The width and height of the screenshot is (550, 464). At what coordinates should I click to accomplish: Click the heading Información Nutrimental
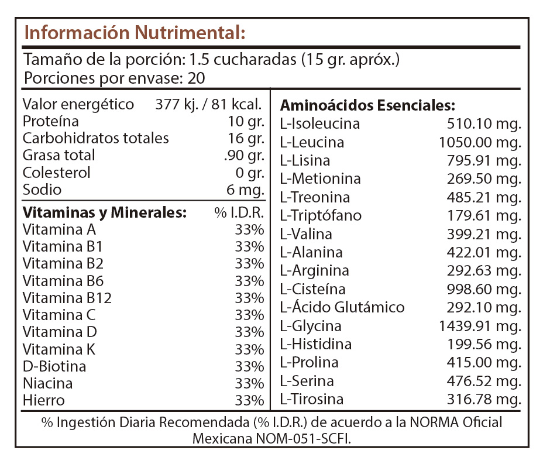135,33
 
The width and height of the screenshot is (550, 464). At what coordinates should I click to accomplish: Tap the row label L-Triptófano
321,216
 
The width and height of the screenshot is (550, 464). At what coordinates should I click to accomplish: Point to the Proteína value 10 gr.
246,122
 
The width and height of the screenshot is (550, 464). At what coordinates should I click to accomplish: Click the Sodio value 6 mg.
245,190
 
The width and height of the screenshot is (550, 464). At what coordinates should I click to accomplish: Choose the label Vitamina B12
67,298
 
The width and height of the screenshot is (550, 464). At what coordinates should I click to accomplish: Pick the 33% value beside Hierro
249,400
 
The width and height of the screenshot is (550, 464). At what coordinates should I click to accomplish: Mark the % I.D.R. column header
239,212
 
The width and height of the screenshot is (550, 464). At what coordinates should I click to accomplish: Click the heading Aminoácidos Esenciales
367,105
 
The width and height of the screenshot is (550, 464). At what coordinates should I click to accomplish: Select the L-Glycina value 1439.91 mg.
480,326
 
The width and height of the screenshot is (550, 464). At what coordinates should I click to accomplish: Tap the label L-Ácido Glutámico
342,307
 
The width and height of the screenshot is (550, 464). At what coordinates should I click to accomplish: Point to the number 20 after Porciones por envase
197,78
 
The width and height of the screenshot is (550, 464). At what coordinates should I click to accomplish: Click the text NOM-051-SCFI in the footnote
304,439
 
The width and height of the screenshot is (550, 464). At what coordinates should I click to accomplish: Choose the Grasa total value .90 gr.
244,156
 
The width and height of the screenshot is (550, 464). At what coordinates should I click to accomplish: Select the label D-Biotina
54,366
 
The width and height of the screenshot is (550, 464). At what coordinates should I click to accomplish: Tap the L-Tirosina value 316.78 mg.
484,400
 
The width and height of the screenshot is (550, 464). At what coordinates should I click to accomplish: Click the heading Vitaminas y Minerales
105,213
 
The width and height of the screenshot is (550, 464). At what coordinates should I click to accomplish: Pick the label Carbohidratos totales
96,139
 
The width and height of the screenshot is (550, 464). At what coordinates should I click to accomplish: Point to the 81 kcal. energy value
236,105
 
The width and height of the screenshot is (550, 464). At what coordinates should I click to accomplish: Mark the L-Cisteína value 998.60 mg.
484,290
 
